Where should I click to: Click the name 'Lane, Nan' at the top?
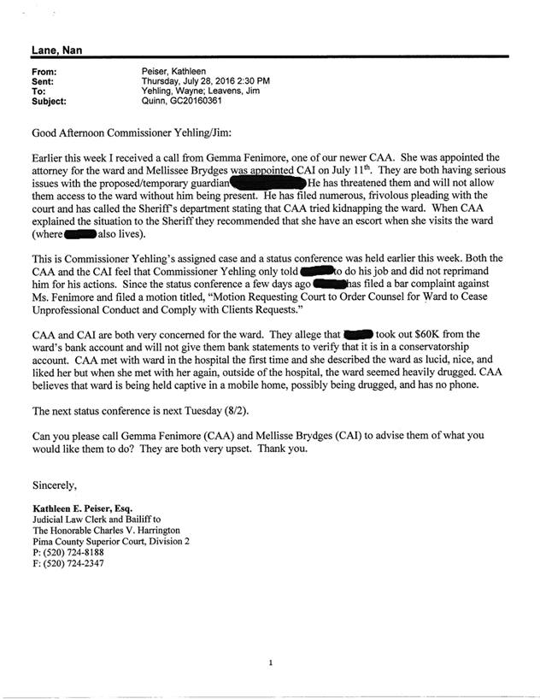[56, 50]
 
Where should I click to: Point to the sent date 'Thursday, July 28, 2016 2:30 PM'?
[205, 81]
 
